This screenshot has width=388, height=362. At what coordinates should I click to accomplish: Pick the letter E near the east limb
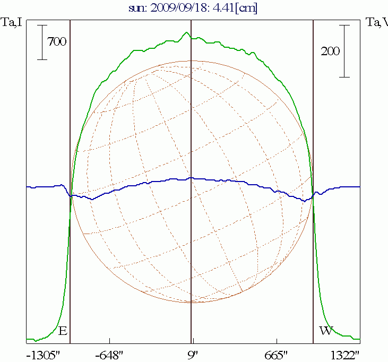click(62, 331)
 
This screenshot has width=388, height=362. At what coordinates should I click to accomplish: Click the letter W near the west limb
click(325, 331)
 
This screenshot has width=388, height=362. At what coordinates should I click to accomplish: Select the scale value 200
click(330, 51)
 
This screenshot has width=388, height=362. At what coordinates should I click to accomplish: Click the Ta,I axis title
click(11, 22)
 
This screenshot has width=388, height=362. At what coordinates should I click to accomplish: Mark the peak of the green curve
click(186, 32)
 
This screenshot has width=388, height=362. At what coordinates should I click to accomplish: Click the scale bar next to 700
click(42, 42)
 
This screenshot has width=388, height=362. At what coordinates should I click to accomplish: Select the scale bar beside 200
click(344, 51)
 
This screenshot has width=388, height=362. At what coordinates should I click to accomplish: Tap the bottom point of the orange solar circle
click(192, 303)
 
